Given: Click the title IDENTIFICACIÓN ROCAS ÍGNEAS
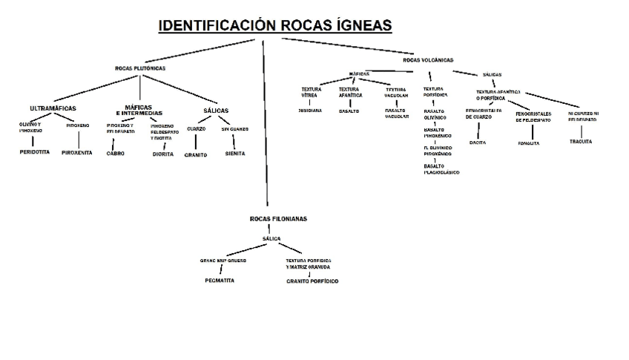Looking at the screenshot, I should tap(275, 27).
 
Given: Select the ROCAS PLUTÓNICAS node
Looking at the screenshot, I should tap(140, 68).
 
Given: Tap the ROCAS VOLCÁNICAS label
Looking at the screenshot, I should tap(428, 59).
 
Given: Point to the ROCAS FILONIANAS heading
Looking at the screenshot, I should tap(278, 219).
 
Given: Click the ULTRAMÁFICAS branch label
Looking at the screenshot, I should tap(53, 108).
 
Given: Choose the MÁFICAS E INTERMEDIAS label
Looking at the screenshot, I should tap(134, 110).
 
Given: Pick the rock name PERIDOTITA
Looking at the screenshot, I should tap(33, 151).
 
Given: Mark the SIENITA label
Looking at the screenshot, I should tap(235, 154).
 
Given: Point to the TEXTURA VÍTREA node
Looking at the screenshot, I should tap(311, 92).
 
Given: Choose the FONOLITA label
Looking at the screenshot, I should tap(529, 143).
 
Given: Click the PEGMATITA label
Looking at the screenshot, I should tap(220, 281).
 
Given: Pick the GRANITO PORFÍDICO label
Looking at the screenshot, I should tap(312, 281).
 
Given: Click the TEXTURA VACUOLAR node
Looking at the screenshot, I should tap(396, 92).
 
